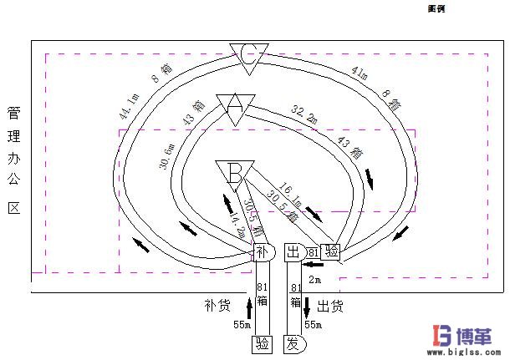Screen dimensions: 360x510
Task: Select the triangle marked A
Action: pyautogui.click(x=236, y=105)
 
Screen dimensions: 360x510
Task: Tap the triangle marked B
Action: pyautogui.click(x=235, y=172)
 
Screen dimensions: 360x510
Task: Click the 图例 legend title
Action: pyautogui.click(x=436, y=8)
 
